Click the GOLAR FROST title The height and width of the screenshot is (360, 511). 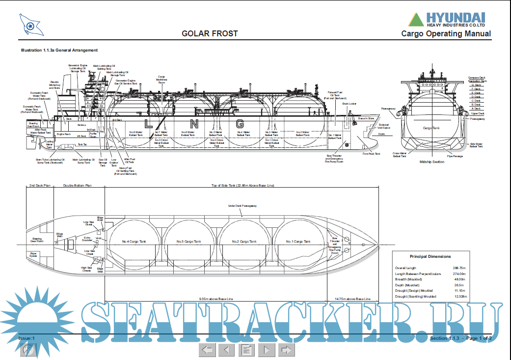point(210,34)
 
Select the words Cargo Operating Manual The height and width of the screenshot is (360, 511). point(446,34)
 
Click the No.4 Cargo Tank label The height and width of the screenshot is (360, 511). point(134,242)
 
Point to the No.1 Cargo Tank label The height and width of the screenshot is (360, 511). point(298,242)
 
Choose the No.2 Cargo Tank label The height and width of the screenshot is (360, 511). point(244,242)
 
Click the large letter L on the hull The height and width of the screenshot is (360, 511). point(148,123)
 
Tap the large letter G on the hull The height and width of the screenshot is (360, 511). point(240,123)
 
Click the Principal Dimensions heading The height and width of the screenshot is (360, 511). point(430,256)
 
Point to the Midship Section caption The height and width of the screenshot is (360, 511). point(432,162)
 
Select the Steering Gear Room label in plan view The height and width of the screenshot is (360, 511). point(37,240)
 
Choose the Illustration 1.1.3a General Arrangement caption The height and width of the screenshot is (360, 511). point(59,50)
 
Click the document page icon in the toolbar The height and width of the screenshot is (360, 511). point(247,350)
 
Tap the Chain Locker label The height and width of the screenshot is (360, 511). point(349,104)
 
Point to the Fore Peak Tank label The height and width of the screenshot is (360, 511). point(371,153)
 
